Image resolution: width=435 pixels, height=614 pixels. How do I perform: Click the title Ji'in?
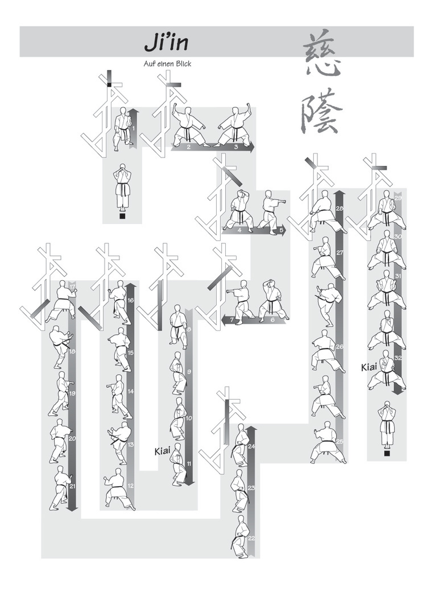[167, 43]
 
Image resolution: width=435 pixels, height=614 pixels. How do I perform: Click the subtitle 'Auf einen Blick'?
[167, 64]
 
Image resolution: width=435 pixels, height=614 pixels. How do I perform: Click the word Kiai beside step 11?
[162, 451]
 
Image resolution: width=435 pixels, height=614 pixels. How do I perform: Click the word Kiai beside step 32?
[369, 367]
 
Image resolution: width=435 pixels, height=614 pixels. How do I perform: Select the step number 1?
[134, 128]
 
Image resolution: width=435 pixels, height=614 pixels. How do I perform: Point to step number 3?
[236, 147]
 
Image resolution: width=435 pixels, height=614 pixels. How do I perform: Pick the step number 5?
[281, 230]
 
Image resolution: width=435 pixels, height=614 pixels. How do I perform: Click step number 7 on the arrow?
[232, 320]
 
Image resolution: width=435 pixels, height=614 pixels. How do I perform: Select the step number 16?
[131, 301]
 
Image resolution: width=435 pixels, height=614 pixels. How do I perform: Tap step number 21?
[72, 486]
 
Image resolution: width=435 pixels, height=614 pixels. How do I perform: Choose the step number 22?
[251, 538]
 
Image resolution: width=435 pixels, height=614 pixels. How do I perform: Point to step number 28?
[339, 208]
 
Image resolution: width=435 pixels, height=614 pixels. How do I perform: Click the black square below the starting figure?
[122, 216]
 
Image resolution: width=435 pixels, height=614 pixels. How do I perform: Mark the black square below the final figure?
[387, 454]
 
